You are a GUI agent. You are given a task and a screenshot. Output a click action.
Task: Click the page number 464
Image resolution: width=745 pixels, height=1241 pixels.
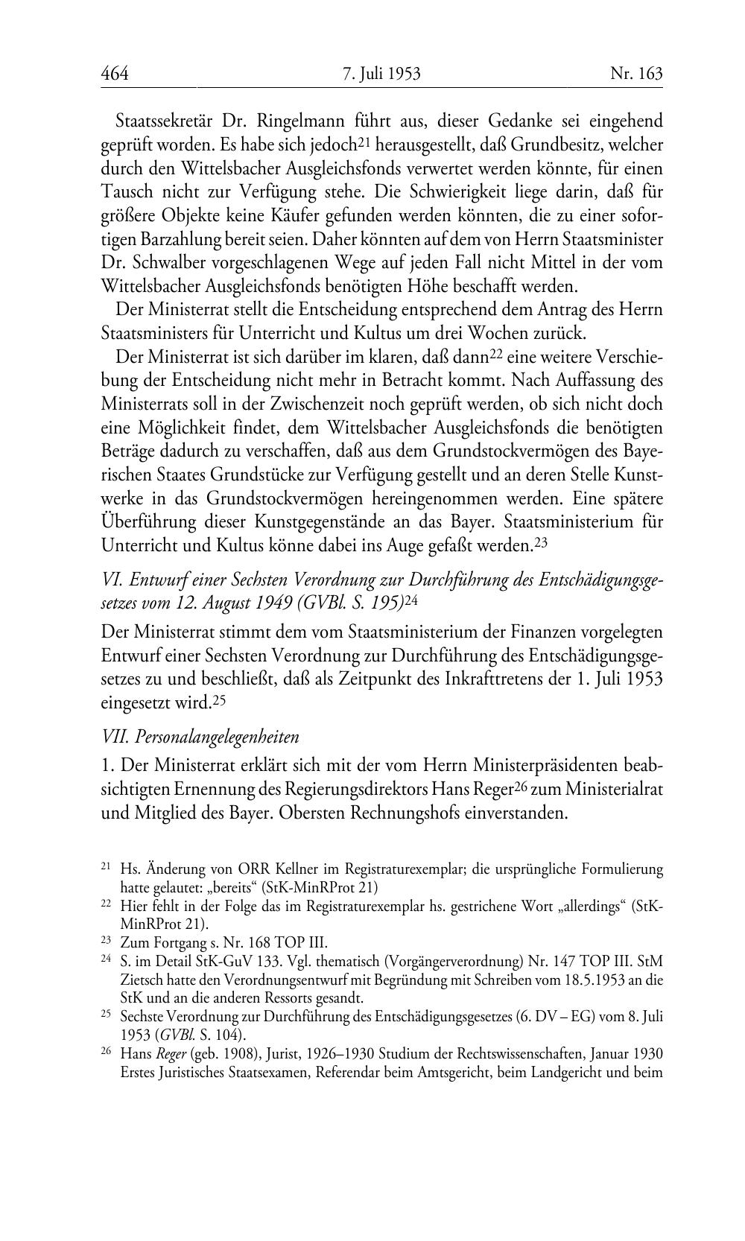click(115, 74)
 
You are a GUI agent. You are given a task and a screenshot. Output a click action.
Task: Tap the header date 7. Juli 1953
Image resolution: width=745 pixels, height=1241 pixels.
click(381, 74)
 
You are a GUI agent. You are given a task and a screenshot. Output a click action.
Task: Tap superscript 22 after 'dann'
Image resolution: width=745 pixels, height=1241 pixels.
click(496, 352)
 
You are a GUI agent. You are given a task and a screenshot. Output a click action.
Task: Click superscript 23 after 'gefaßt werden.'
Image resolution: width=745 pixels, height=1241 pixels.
click(541, 542)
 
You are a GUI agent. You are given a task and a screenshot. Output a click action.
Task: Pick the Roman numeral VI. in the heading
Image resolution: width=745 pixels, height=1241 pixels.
click(111, 580)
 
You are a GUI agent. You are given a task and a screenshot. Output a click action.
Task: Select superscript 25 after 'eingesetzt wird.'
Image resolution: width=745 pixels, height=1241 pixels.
click(219, 699)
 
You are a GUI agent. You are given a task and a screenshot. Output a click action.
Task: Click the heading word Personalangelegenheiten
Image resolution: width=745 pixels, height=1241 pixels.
click(215, 737)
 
